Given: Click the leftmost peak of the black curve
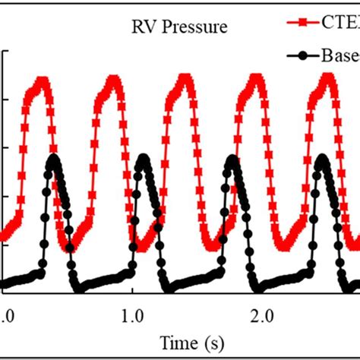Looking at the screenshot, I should click(x=53, y=157).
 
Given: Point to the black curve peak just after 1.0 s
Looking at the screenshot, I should click(x=144, y=159).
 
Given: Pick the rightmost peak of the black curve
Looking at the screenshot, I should click(x=322, y=158).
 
